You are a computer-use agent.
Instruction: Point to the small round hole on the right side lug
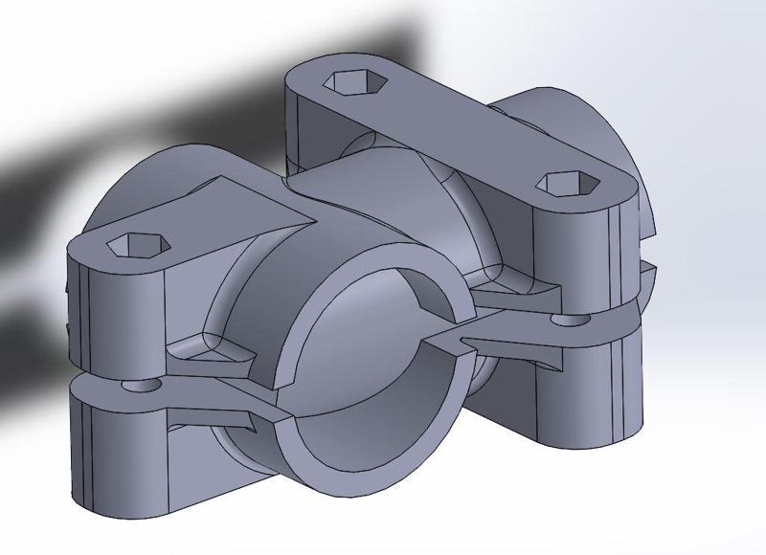576,317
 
